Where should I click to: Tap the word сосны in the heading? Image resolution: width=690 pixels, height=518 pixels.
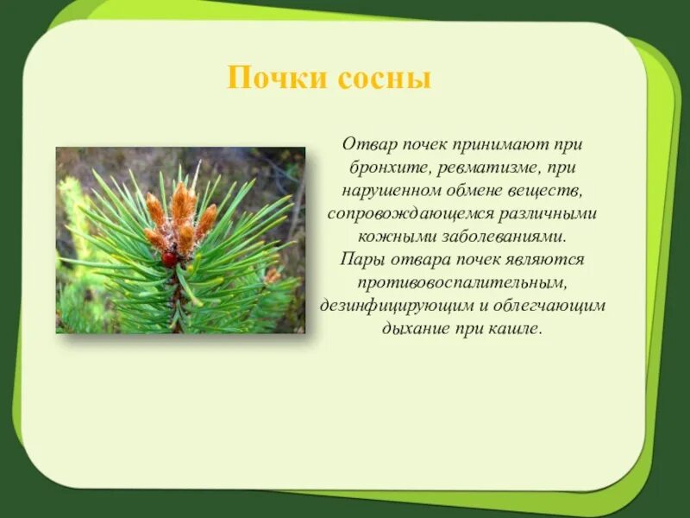tap(385, 79)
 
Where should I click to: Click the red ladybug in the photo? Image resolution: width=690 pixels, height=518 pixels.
tap(168, 260)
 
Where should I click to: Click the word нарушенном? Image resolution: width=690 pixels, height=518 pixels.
tap(392, 192)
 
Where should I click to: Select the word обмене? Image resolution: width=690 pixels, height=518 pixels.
tap(475, 191)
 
